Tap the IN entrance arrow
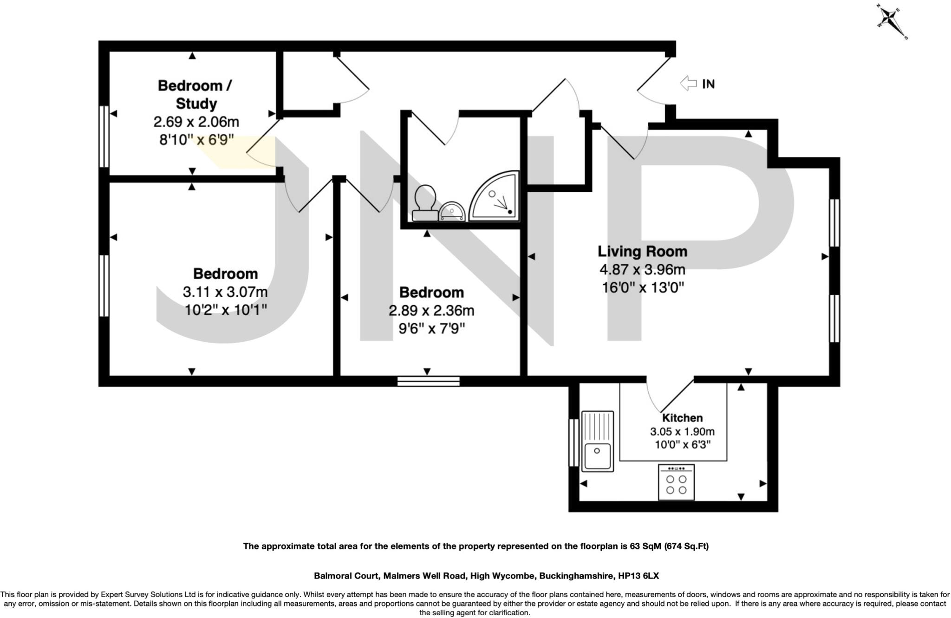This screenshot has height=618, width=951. pyautogui.click(x=688, y=84)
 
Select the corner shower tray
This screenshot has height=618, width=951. pyautogui.click(x=495, y=196)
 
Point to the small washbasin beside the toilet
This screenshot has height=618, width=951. pyautogui.click(x=452, y=212)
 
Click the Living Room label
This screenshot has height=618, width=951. pyautogui.click(x=642, y=252)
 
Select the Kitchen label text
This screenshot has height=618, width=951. pyautogui.click(x=682, y=417)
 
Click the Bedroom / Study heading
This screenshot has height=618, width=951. pyautogui.click(x=195, y=94)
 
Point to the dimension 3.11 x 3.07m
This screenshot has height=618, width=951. pyautogui.click(x=225, y=292)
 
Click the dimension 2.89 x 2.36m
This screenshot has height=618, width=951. pyautogui.click(x=431, y=311)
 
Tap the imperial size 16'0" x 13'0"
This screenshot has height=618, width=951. pyautogui.click(x=643, y=288)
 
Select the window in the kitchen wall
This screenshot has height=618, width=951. pyautogui.click(x=573, y=442)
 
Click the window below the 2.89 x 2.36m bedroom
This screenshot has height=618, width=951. pyautogui.click(x=429, y=381)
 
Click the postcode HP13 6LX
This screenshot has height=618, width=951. pyautogui.click(x=638, y=576)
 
